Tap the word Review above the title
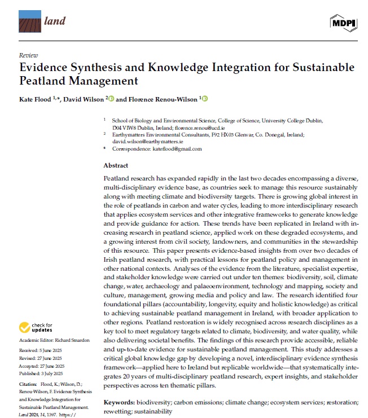(x=29, y=55)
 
